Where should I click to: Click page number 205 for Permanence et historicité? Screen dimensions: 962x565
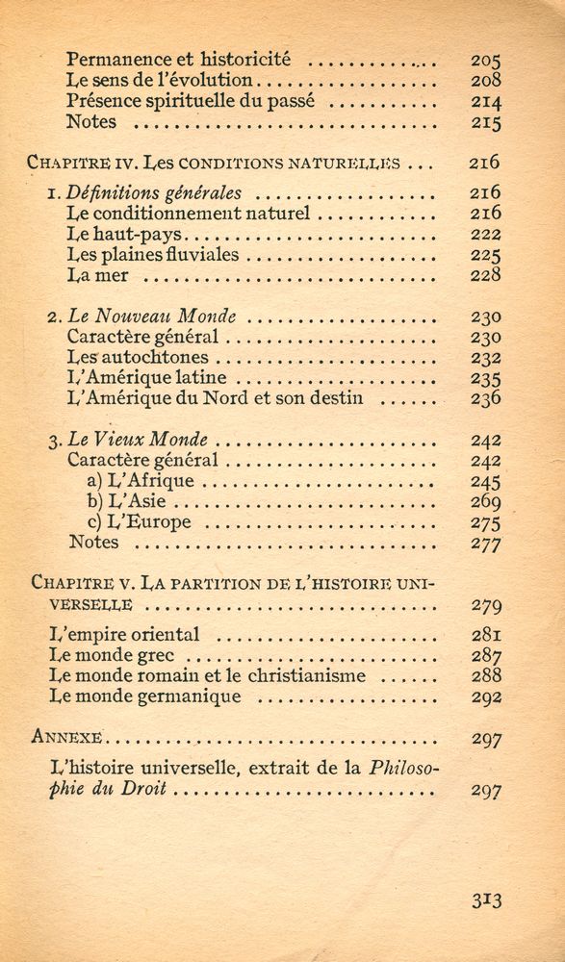click(x=485, y=60)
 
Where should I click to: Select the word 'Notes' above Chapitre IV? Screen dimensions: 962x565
click(x=91, y=122)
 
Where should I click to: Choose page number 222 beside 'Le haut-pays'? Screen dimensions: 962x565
click(x=485, y=235)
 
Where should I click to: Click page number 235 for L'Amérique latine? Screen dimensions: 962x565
click(x=485, y=378)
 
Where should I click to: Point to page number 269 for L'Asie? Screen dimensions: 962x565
click(x=485, y=502)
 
